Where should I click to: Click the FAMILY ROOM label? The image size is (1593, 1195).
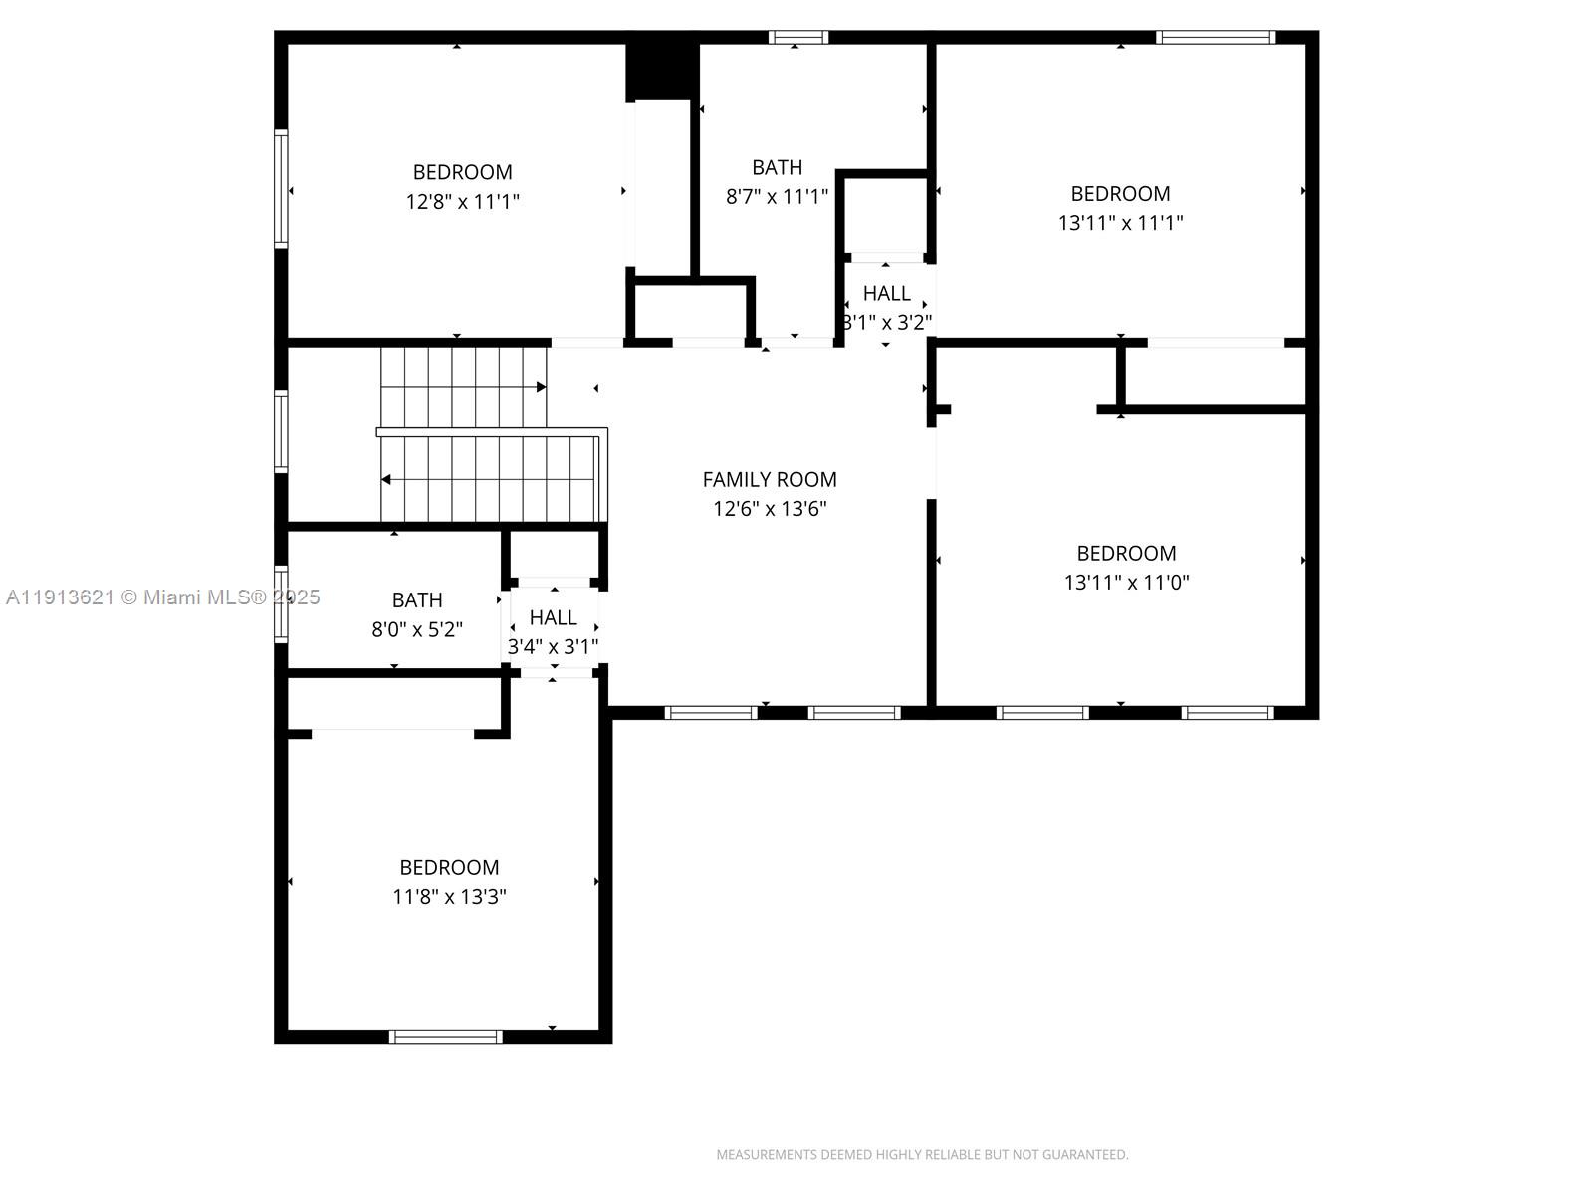770,479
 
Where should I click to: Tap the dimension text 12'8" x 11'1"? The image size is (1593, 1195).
462,202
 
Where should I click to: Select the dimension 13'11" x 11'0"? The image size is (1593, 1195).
1126,583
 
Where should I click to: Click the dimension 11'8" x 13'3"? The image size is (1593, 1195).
449,897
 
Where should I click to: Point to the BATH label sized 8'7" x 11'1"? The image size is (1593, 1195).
777,167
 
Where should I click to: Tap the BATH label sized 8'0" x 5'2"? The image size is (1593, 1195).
416,600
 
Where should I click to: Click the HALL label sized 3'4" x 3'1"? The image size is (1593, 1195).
553,617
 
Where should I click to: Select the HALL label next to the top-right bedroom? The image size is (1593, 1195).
886,293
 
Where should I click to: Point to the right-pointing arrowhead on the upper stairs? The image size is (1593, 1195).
541,387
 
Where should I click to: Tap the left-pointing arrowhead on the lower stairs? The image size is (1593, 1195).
386,480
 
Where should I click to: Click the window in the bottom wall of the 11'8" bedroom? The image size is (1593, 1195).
445,1037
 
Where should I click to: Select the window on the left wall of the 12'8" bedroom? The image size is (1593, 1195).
282,188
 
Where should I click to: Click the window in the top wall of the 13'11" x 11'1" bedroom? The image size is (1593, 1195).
1215,38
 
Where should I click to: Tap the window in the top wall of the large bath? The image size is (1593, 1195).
797,38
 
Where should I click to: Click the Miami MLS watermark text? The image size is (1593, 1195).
163,597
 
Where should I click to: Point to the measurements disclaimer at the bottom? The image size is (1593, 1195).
922,1155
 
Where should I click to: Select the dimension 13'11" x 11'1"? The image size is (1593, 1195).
1120,223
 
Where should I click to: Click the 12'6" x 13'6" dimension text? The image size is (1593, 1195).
770,509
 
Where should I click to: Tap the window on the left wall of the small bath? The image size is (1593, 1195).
282,603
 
